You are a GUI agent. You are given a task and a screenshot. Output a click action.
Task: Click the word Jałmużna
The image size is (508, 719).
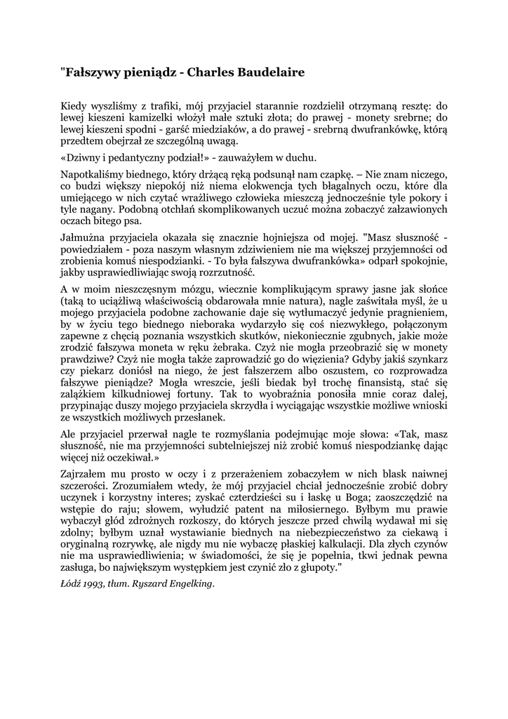pyautogui.click(x=83, y=239)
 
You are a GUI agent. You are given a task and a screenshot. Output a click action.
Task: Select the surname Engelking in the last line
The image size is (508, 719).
pyautogui.click(x=188, y=584)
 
